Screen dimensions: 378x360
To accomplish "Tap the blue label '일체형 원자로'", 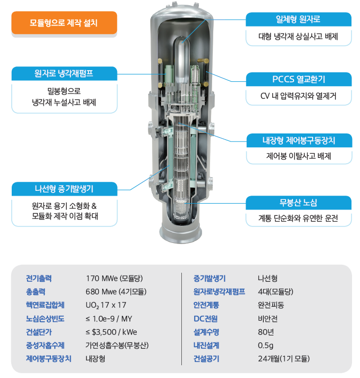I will coord(298,20).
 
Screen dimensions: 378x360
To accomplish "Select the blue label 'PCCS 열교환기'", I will coord(298,80).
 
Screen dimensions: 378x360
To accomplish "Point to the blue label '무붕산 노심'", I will coord(298,203).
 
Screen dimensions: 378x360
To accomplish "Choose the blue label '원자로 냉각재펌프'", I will coord(64,72).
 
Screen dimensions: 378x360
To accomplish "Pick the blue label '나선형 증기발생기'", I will coord(64,188).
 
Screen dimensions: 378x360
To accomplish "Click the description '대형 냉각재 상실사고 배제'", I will coord(298,37).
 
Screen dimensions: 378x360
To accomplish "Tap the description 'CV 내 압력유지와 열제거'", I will coord(298,97).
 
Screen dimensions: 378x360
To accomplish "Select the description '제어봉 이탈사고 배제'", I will coord(298,157).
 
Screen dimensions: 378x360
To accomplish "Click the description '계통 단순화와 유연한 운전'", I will coord(298,219).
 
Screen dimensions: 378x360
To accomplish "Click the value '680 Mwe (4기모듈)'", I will coord(116,291).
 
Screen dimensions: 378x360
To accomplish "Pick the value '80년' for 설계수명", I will coord(265,332).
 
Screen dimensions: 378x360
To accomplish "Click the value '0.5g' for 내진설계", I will coord(266,345).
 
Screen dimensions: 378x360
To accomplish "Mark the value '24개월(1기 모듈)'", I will coord(283,359).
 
